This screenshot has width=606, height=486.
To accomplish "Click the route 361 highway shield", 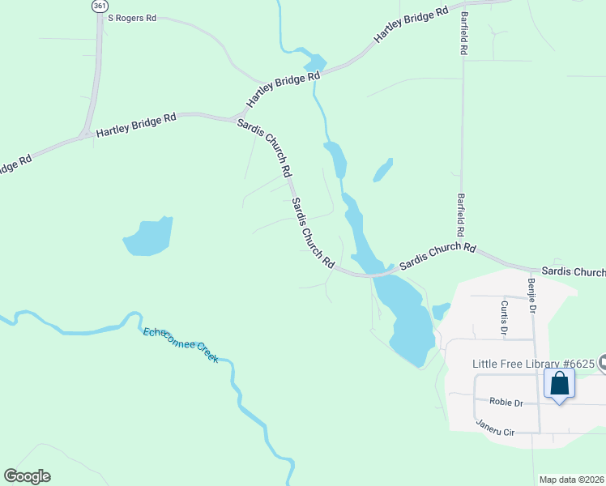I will [x=99, y=5].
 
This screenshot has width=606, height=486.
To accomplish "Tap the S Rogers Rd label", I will [x=131, y=17].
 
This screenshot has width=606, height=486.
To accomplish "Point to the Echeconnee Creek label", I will [x=181, y=343].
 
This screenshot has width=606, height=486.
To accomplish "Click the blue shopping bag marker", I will [x=560, y=384].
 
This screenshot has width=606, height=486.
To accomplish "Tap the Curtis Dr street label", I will [x=503, y=318].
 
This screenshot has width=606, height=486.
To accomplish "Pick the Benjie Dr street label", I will [x=532, y=296].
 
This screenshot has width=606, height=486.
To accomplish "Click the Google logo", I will [x=27, y=476].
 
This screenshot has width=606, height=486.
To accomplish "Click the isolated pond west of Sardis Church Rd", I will [x=149, y=237].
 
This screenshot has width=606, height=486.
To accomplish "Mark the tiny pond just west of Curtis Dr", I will [x=441, y=310].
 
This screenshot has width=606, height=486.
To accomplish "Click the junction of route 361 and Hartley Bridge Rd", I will [x=86, y=134].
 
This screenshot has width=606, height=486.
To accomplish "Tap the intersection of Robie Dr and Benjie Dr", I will [x=537, y=403].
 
